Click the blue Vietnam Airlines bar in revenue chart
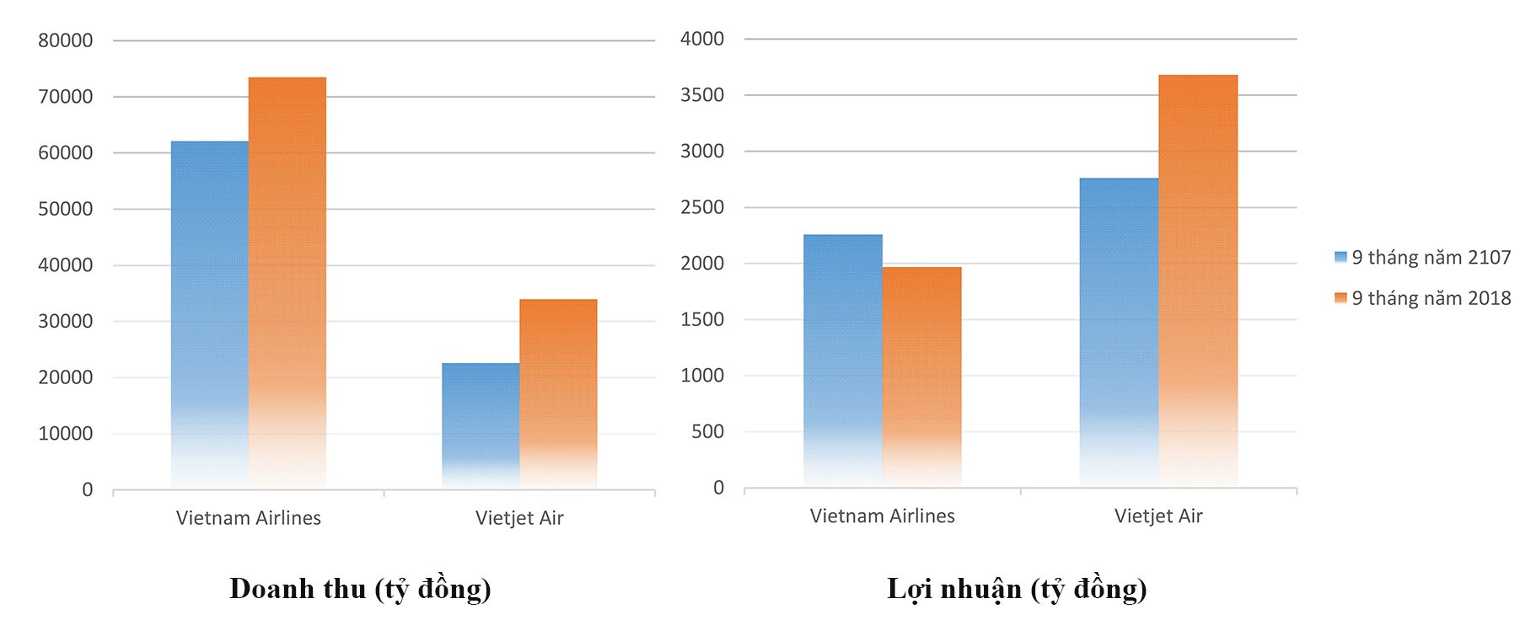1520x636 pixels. coord(209,312)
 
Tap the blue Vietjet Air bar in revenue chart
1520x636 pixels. coord(481,421)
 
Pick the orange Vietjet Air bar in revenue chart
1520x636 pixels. coord(558,392)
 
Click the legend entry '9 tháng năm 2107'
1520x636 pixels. coord(1431,258)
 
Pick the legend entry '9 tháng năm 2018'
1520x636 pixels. coord(1431,298)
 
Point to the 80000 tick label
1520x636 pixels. coord(65,40)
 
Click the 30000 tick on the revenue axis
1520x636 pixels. coord(65,321)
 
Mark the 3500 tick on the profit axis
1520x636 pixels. coord(702,95)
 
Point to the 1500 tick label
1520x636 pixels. coord(702,319)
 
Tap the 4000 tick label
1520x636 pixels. coord(702,39)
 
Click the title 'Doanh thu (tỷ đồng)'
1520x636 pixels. coord(360,588)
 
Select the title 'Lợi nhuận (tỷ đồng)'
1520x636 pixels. coord(1017,588)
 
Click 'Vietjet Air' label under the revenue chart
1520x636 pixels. coord(519,518)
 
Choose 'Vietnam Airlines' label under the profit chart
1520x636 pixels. coord(882,516)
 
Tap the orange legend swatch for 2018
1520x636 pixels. coord(1340,298)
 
